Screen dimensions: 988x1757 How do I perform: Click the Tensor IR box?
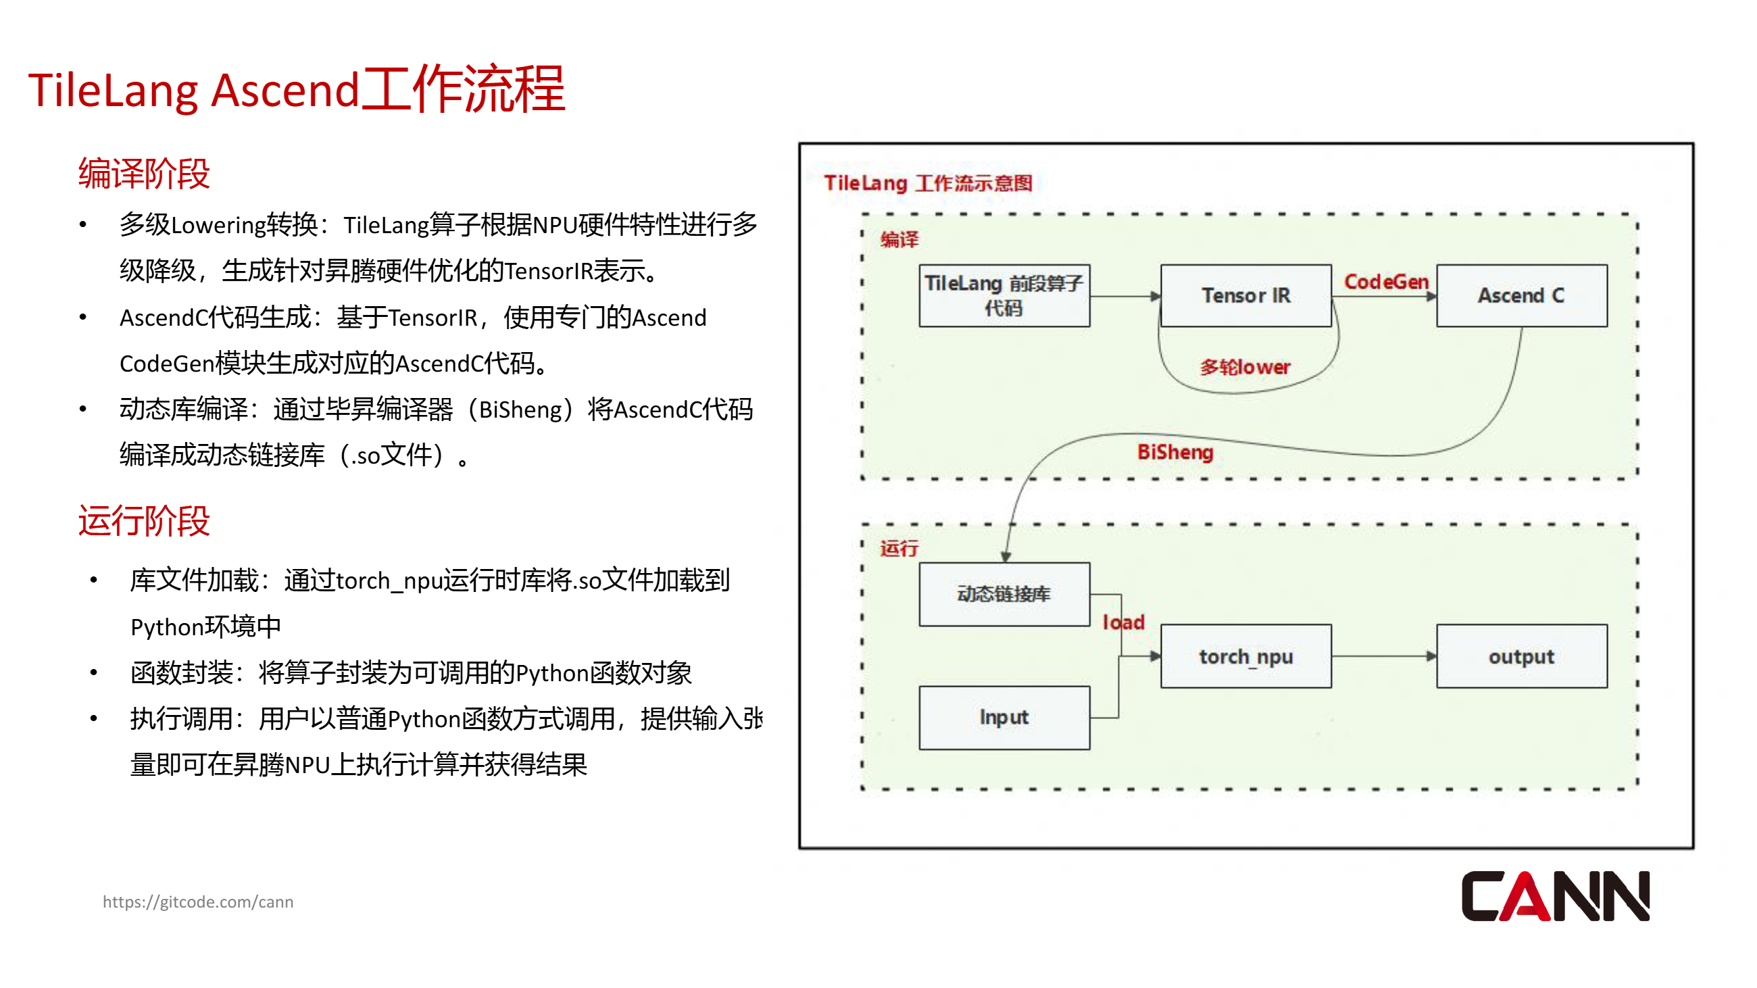point(1245,296)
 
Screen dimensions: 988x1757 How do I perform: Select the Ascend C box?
point(1521,296)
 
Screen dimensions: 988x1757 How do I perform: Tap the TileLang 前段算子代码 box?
point(1004,296)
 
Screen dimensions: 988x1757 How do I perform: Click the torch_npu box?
point(1245,656)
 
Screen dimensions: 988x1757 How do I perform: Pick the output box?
point(1521,656)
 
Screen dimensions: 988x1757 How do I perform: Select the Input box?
point(1004,717)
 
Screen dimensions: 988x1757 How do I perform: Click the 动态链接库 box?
point(1004,594)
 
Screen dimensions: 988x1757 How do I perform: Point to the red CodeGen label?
point(1386,282)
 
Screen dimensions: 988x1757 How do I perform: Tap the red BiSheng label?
point(1174,452)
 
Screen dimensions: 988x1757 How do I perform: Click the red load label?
point(1123,622)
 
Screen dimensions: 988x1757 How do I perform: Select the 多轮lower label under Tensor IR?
point(1245,368)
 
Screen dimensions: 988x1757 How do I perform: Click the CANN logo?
point(1554,896)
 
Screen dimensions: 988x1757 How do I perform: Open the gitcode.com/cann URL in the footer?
point(198,901)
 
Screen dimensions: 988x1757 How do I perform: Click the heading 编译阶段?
point(144,173)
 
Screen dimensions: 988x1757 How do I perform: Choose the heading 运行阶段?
point(144,521)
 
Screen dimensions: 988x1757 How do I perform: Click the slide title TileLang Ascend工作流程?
point(297,89)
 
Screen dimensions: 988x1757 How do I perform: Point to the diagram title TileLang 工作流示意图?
point(928,182)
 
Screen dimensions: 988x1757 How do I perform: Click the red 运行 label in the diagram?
point(898,548)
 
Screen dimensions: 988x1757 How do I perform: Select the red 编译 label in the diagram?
point(898,239)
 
